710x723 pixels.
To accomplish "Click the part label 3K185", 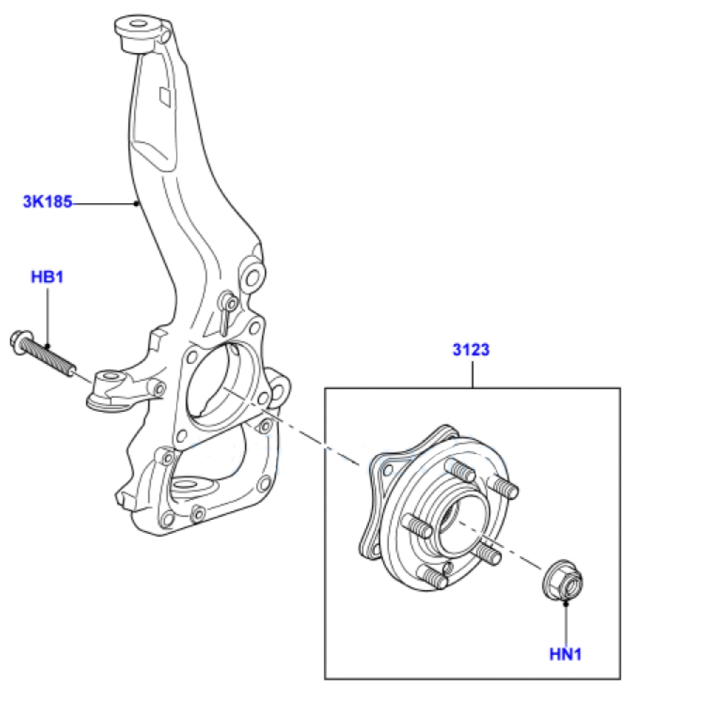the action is [47, 202].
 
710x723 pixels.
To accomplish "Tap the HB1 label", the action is [47, 277].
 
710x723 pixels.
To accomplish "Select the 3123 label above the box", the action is [471, 350].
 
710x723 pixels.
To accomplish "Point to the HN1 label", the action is [565, 654].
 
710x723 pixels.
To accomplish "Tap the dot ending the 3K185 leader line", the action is [136, 203].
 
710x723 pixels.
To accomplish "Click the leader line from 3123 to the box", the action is [472, 374].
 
